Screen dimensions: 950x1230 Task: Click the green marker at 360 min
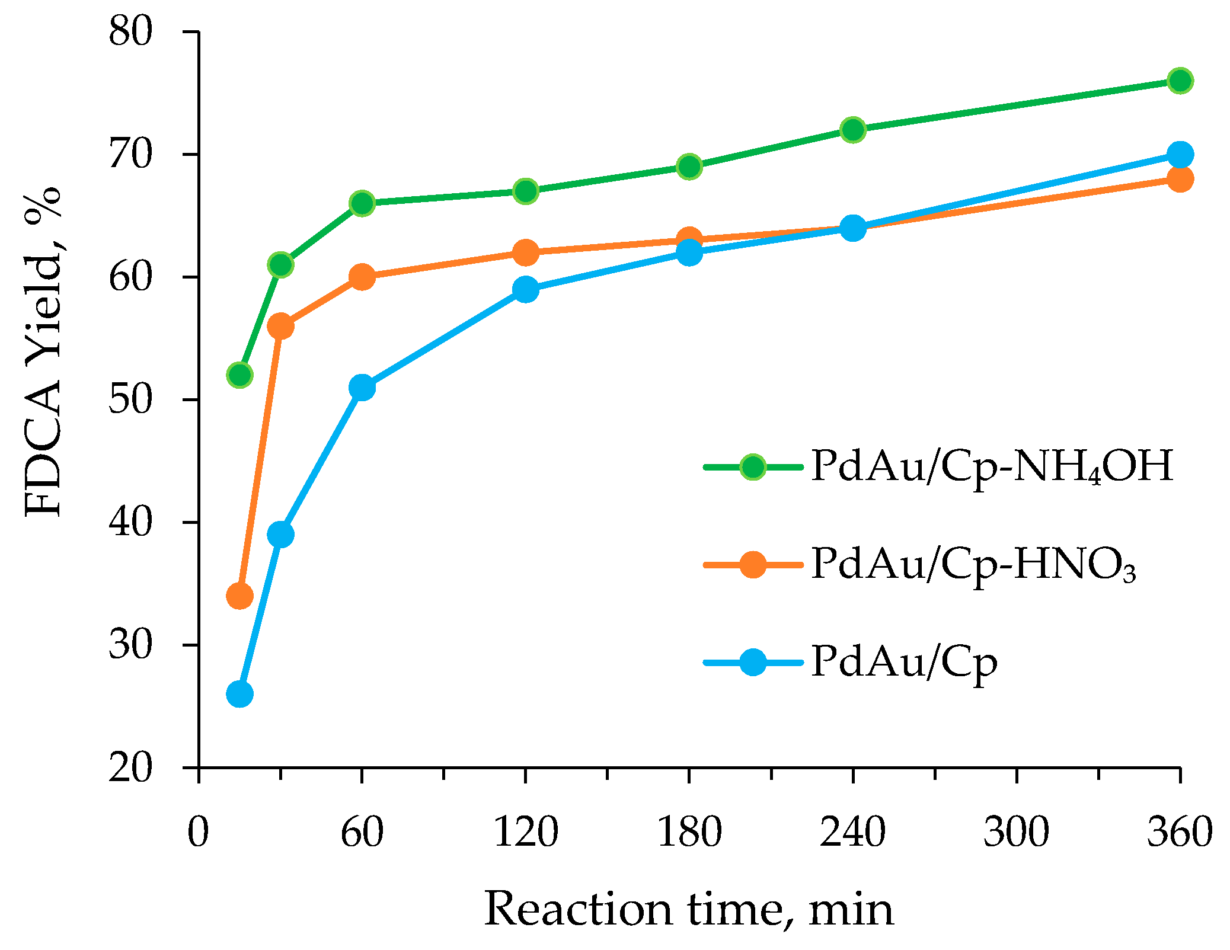1180,81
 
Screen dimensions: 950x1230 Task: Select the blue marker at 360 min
1180,155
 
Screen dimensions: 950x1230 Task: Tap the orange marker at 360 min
1180,179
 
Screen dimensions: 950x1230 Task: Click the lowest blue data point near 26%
239,694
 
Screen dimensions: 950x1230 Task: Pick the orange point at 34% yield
239,596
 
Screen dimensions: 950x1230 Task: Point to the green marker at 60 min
362,203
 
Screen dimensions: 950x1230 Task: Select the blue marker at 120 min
526,289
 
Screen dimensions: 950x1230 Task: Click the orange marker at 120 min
526,252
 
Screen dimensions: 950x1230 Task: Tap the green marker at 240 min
853,130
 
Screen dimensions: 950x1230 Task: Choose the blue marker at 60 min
362,388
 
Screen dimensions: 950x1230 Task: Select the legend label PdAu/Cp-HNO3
973,565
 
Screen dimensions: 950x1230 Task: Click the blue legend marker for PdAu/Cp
753,662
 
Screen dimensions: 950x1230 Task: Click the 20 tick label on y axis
130,768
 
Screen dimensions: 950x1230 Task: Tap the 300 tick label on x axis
1016,832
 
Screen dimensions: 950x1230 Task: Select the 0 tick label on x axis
199,832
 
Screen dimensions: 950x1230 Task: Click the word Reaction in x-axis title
578,909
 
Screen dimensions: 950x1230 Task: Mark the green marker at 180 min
689,167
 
